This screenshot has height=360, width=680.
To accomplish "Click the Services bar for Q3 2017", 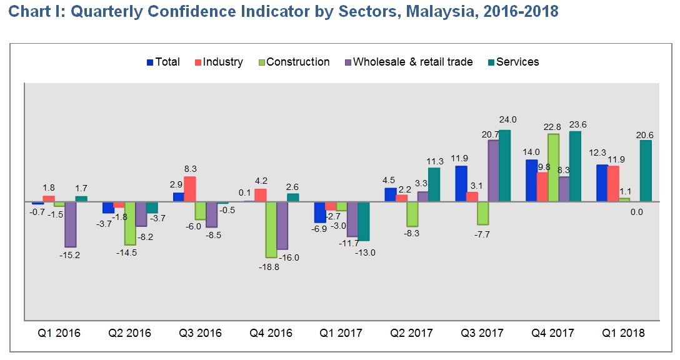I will (504, 166).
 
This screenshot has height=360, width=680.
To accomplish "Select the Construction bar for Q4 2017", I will (553, 167).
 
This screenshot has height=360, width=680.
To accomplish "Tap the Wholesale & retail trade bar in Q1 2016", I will (71, 224).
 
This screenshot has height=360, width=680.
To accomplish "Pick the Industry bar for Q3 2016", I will (190, 189).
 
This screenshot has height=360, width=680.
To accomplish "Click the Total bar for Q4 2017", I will (531, 181).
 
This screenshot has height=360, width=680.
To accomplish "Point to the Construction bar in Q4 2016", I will (271, 229).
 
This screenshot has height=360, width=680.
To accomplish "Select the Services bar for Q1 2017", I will (364, 221).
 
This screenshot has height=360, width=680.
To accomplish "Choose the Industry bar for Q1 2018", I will (613, 184).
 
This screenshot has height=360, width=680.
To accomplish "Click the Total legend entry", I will (163, 62).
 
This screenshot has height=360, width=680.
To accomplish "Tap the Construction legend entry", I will (294, 62).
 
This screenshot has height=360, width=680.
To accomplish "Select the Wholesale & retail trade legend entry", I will (409, 62).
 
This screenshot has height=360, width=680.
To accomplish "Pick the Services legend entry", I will (512, 62).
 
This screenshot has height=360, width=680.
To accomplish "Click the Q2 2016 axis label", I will (129, 333).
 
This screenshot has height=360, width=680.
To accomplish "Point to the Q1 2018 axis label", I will (623, 333).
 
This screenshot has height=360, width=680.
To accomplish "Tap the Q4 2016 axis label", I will (271, 333).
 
